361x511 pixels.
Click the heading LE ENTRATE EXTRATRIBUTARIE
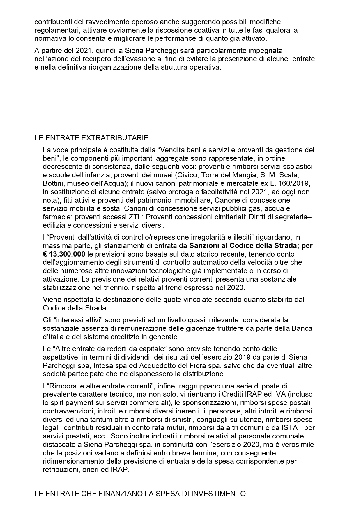91,138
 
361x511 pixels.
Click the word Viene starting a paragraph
52,299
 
